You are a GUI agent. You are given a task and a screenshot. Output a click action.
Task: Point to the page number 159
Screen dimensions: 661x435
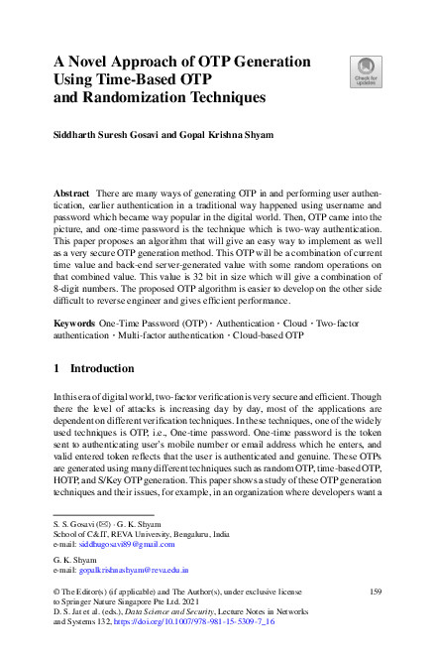(x=375, y=592)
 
